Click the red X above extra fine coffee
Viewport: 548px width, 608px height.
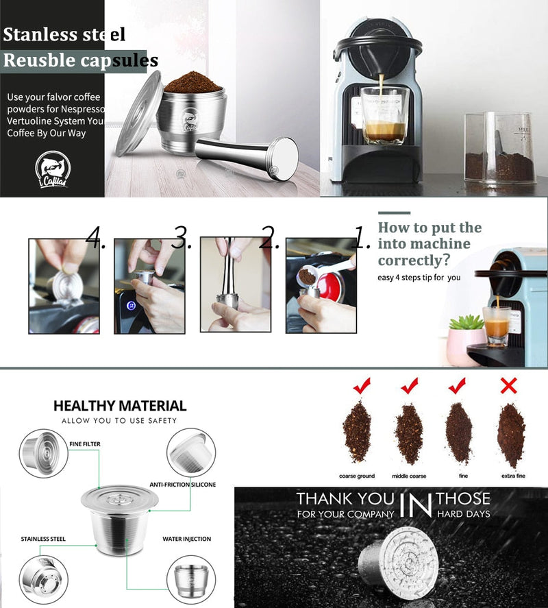click(x=508, y=387)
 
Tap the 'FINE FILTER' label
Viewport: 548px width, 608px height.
click(x=84, y=444)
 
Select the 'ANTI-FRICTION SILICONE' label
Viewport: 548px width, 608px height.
click(x=182, y=485)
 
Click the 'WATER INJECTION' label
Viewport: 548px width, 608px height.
click(x=186, y=539)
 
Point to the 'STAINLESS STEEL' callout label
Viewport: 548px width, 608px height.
click(x=43, y=539)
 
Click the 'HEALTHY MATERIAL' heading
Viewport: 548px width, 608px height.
click(x=120, y=406)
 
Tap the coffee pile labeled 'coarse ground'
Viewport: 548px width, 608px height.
click(x=357, y=433)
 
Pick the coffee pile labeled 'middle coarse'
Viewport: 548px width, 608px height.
click(x=409, y=434)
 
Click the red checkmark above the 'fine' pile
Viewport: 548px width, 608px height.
click(x=457, y=387)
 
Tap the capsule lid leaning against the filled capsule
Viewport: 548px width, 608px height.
click(x=139, y=113)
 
